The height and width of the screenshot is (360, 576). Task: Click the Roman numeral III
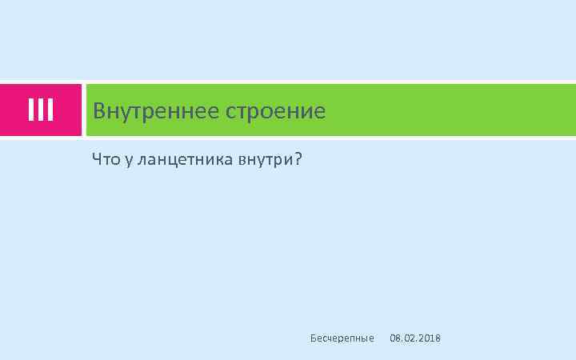[x=40, y=110]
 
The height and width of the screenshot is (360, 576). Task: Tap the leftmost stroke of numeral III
[x=31, y=110]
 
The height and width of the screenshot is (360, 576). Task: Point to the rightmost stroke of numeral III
[x=50, y=110]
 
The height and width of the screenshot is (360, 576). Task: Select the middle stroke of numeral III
[x=40, y=110]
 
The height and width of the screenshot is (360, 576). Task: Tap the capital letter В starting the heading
[x=99, y=110]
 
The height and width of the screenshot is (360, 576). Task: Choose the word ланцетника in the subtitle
[x=185, y=161]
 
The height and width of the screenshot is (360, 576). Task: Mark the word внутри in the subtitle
[x=265, y=161]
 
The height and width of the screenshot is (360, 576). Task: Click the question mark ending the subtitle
[x=298, y=160]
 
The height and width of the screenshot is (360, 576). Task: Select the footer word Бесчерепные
[x=342, y=339]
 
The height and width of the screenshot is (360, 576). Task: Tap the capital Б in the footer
[x=313, y=338]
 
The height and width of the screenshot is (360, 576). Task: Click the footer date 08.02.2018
[x=414, y=339]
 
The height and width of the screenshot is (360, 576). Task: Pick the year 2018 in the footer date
[x=430, y=339]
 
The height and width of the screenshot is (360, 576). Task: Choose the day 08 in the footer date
[x=394, y=339]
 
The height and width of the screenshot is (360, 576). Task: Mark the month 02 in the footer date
[x=409, y=339]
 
